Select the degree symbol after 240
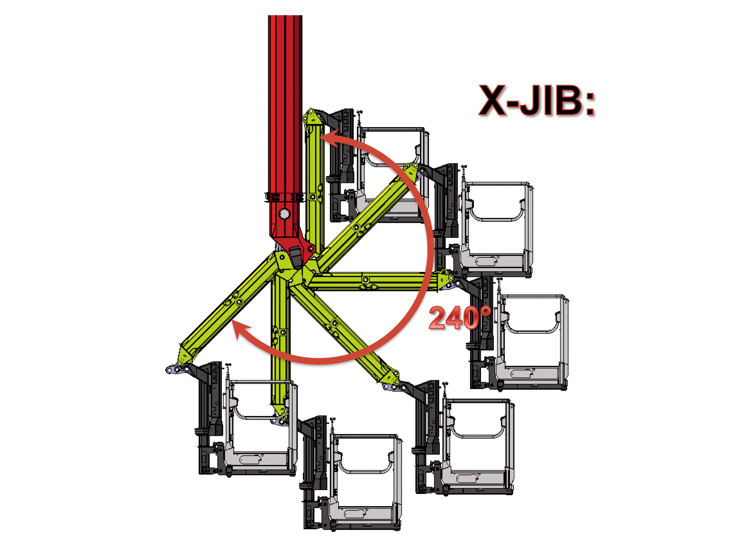486,312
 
